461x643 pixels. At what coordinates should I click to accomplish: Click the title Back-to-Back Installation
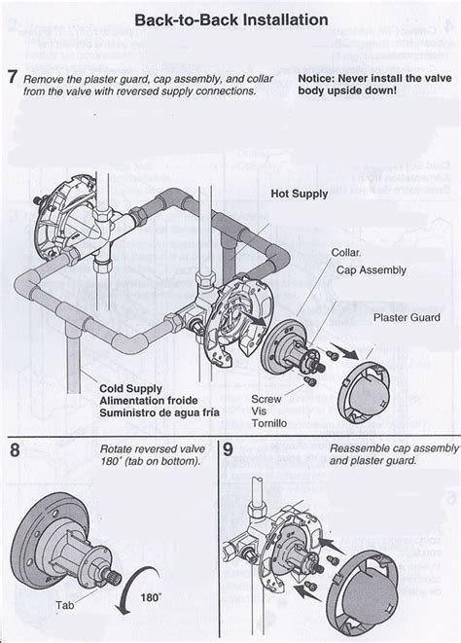pos(231,19)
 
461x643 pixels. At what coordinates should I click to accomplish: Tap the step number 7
pos(13,77)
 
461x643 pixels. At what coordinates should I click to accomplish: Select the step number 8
pos(15,449)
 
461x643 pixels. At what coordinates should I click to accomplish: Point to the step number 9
pos(228,449)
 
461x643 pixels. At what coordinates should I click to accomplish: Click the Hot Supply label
pos(299,194)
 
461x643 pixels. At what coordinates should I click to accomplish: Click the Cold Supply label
pos(130,389)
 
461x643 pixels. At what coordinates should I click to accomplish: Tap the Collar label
pos(346,253)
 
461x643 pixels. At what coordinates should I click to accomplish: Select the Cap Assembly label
pos(372,270)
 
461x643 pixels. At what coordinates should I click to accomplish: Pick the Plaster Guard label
pos(407,317)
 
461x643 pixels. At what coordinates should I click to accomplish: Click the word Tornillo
pos(269,423)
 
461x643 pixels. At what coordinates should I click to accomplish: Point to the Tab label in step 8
pos(65,605)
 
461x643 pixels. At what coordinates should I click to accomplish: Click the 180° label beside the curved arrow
pos(151,597)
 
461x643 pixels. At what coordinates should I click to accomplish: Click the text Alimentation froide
pos(149,401)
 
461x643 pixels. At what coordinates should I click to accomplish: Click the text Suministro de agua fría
pos(160,412)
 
